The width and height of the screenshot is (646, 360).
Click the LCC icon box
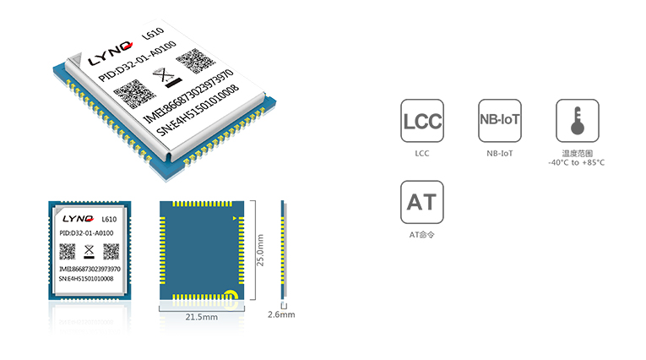422,120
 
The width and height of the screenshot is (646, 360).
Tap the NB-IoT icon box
500,120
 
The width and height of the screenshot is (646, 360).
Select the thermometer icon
578,120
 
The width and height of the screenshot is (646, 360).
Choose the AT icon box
422,202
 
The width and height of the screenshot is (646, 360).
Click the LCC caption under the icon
422,154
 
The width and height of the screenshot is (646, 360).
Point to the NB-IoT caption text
500,154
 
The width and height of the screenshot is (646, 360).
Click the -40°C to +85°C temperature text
577,162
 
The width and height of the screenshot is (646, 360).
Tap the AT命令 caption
421,235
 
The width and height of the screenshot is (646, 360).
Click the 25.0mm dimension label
260,250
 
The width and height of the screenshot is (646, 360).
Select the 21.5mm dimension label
202,317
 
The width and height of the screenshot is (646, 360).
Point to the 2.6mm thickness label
281,314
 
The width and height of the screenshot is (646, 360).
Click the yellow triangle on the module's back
235,219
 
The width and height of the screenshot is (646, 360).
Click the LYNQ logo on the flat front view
78,219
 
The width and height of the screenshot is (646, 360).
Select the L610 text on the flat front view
109,220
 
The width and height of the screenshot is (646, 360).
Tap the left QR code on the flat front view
68,252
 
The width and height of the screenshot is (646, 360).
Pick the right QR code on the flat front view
111,252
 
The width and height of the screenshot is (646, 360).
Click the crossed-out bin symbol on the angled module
167,77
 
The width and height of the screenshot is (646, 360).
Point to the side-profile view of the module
284,250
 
